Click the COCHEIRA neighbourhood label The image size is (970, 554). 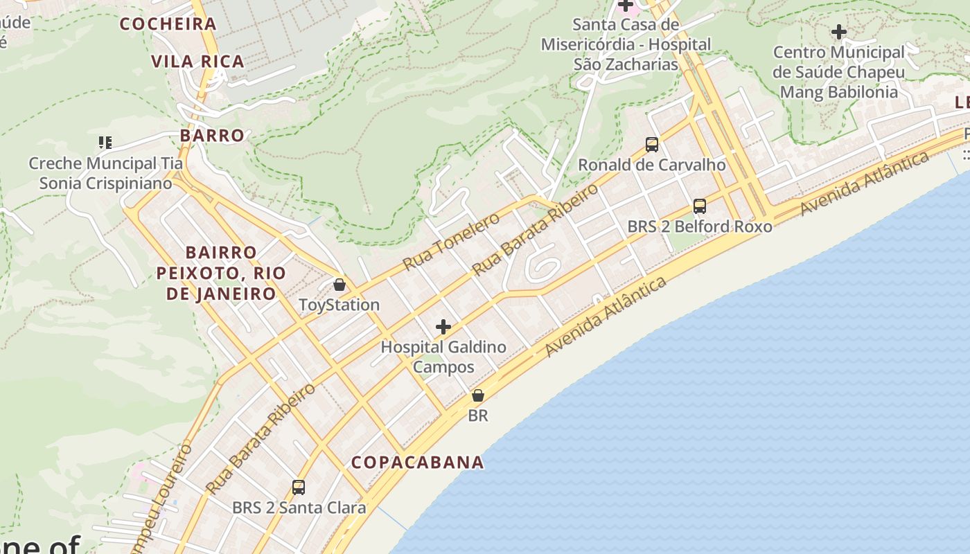(168, 24)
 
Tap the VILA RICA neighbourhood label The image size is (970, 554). (198, 62)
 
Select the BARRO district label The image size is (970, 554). (212, 136)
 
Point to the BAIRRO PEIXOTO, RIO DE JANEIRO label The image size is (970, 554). (221, 273)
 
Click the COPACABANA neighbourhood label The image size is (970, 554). (417, 463)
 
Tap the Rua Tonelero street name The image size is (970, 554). (451, 242)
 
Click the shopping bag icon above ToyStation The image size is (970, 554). (339, 285)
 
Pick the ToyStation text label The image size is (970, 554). (339, 305)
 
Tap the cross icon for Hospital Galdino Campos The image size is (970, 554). (443, 327)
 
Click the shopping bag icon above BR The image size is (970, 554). (477, 395)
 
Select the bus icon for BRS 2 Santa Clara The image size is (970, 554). (299, 488)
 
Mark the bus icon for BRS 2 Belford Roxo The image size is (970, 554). (700, 206)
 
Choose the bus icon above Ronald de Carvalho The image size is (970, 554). (652, 145)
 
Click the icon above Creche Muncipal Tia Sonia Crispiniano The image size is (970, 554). (105, 143)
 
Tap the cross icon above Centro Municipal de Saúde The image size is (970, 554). (839, 32)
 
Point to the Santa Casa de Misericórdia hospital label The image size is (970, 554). (626, 44)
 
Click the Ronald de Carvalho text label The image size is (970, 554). (652, 165)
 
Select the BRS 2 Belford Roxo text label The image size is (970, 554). (700, 226)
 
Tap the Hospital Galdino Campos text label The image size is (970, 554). (443, 357)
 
